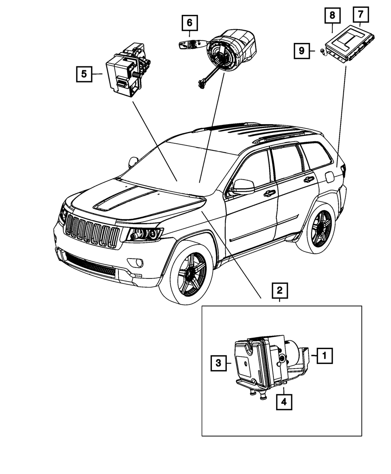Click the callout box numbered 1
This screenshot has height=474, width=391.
pos(325,356)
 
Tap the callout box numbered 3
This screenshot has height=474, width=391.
pos(218,363)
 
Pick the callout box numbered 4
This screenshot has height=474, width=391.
pos(284,402)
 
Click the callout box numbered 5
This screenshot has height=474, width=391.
pos(84,74)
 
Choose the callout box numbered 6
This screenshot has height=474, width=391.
pos(189,23)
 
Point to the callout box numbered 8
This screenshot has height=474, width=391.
pos(332,16)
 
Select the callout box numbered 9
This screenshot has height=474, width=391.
pos(301,50)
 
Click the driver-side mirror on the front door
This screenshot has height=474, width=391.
pos(243,187)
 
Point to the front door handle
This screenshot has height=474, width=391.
pos(269,193)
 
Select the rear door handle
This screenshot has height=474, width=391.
pos(308,179)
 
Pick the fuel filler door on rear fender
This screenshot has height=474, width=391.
pos(329,177)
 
